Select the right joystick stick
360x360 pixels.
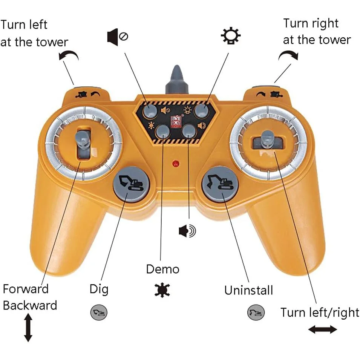pos(267,139)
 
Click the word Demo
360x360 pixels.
pos(162,269)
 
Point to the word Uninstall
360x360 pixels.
pos(248,290)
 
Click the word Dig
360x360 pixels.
pos(99,289)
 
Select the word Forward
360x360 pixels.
pos(26,289)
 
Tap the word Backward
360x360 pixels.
pos(30,305)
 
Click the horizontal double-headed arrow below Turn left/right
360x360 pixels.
pos(322,330)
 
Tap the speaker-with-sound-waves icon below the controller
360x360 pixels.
pos(187,231)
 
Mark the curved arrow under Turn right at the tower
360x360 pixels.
pos(288,55)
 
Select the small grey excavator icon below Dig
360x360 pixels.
pos(99,312)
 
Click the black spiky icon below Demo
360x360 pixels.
pos(162,290)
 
